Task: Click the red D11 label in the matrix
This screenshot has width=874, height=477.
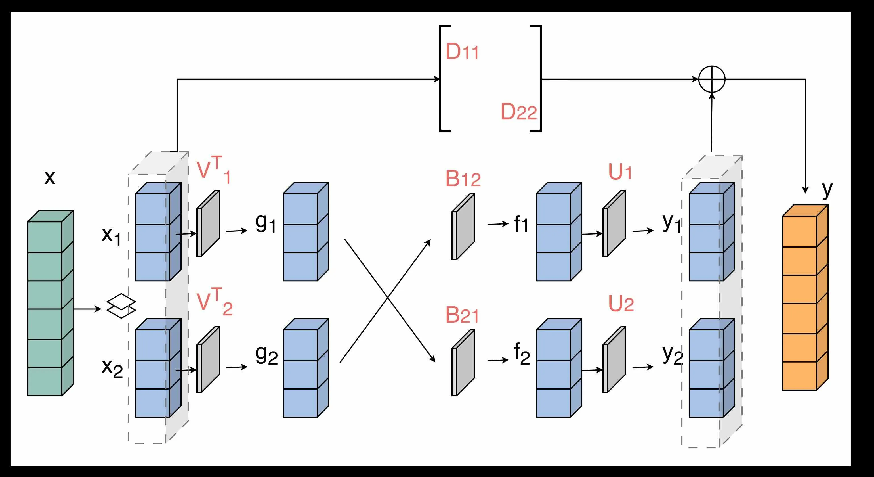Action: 462,52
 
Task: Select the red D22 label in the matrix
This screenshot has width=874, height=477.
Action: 518,112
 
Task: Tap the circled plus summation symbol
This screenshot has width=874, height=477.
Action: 712,79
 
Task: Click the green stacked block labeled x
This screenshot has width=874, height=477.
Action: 50,303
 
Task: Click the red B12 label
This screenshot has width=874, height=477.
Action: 463,179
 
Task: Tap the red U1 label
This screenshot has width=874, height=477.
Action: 620,172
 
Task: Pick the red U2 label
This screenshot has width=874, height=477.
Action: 621,304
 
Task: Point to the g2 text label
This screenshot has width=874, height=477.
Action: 266,355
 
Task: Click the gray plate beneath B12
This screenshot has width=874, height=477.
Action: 463,227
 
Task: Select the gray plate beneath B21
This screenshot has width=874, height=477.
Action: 463,363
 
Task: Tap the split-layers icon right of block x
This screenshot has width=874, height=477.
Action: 121,306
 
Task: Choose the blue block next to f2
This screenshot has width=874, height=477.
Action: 558,368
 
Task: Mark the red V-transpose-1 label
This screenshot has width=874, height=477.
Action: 214,170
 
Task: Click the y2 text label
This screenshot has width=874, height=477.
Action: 673,355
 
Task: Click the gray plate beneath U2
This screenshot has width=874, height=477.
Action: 614,359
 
